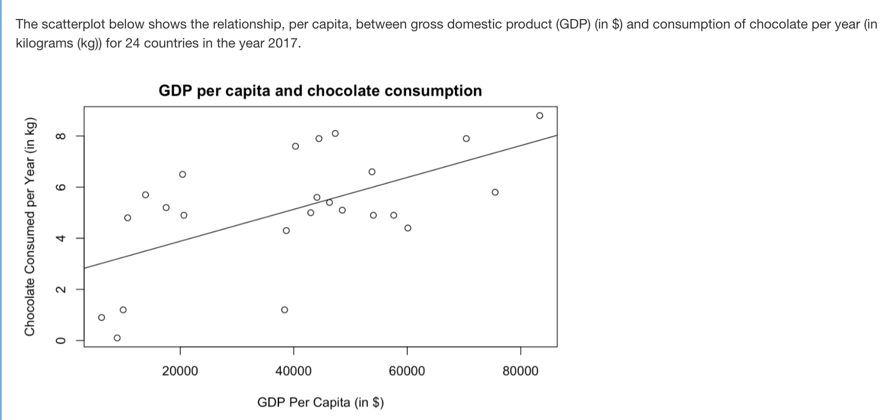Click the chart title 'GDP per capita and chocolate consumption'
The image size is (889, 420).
pyautogui.click(x=320, y=91)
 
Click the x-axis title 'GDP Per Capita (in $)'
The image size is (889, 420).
pyautogui.click(x=320, y=402)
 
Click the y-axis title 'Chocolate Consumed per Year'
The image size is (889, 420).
pyautogui.click(x=30, y=226)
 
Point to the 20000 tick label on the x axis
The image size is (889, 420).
pyautogui.click(x=180, y=371)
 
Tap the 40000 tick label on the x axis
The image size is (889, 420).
pyautogui.click(x=293, y=371)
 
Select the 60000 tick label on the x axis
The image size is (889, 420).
pyautogui.click(x=407, y=371)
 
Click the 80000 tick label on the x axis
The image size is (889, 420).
pyautogui.click(x=521, y=371)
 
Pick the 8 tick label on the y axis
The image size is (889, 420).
pyautogui.click(x=60, y=136)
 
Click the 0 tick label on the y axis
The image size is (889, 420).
pyautogui.click(x=60, y=340)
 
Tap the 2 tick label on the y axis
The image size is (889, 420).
pyautogui.click(x=60, y=289)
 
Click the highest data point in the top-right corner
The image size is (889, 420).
pyautogui.click(x=539, y=115)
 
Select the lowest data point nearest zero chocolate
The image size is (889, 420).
pyautogui.click(x=117, y=338)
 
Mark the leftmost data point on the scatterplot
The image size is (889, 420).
pyautogui.click(x=101, y=317)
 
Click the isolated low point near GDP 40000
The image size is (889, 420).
pyautogui.click(x=284, y=310)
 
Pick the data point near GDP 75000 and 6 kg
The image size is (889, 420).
pyautogui.click(x=495, y=192)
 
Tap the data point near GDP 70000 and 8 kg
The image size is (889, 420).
pyautogui.click(x=466, y=138)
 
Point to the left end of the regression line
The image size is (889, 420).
pyautogui.click(x=85, y=268)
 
